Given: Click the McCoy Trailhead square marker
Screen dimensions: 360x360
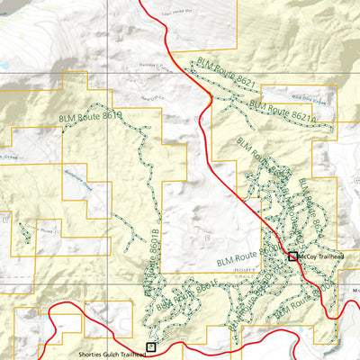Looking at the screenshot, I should (292, 256).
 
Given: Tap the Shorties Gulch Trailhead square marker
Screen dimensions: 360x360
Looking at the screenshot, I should (151, 346).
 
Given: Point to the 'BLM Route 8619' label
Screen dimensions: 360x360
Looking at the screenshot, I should (90, 117).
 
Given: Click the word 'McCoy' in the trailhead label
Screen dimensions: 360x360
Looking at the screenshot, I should (306, 256).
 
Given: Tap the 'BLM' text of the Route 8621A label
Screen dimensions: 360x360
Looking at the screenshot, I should (255, 106).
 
